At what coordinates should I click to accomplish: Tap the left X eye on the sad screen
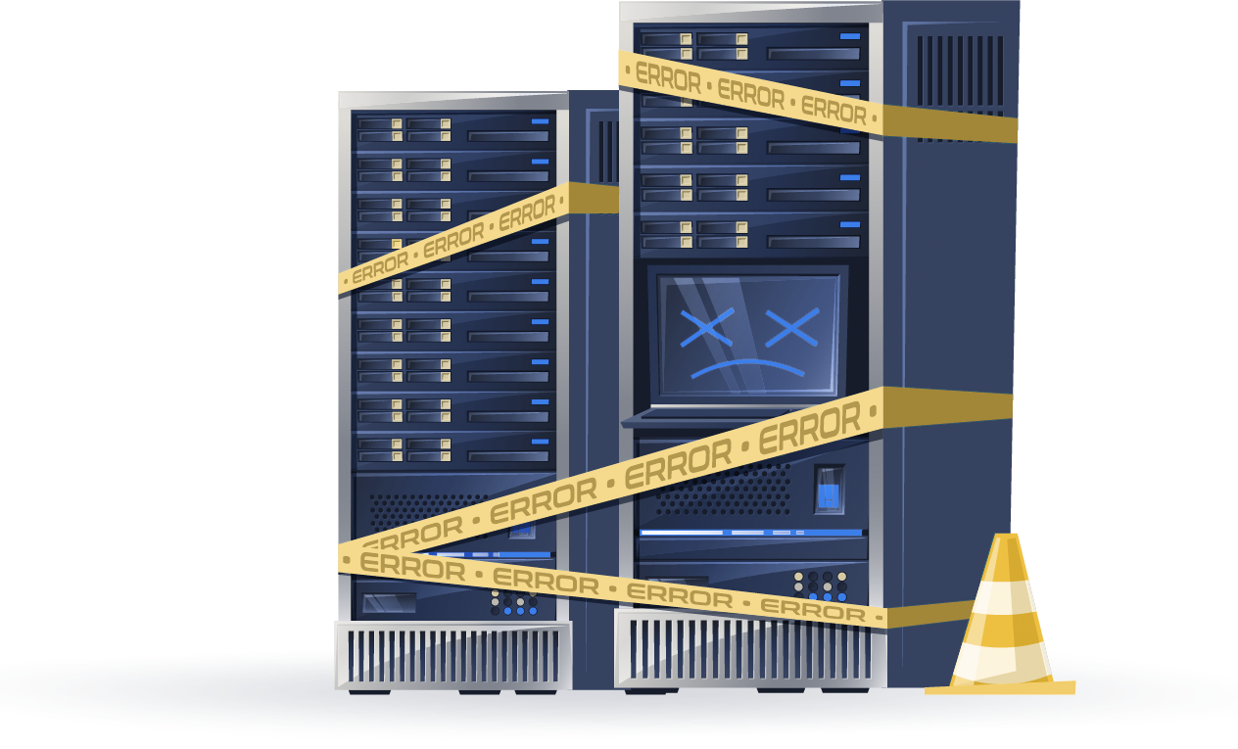[707, 328]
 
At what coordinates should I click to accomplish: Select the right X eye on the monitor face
[792, 328]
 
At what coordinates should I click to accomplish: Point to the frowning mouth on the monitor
[747, 368]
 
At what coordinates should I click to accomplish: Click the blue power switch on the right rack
[829, 489]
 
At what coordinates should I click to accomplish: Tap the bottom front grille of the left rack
[453, 656]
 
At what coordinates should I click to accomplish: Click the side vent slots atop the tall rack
[960, 71]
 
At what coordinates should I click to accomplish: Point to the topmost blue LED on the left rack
[540, 121]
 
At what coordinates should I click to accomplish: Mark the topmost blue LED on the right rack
[850, 36]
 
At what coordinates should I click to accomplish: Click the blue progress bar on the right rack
[751, 533]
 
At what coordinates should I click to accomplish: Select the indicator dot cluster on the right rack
[820, 586]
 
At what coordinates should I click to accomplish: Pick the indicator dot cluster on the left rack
[514, 602]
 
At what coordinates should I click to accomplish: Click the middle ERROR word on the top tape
[750, 94]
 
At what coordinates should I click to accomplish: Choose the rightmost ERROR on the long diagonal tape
[810, 428]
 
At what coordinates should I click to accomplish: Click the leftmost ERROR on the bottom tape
[412, 566]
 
